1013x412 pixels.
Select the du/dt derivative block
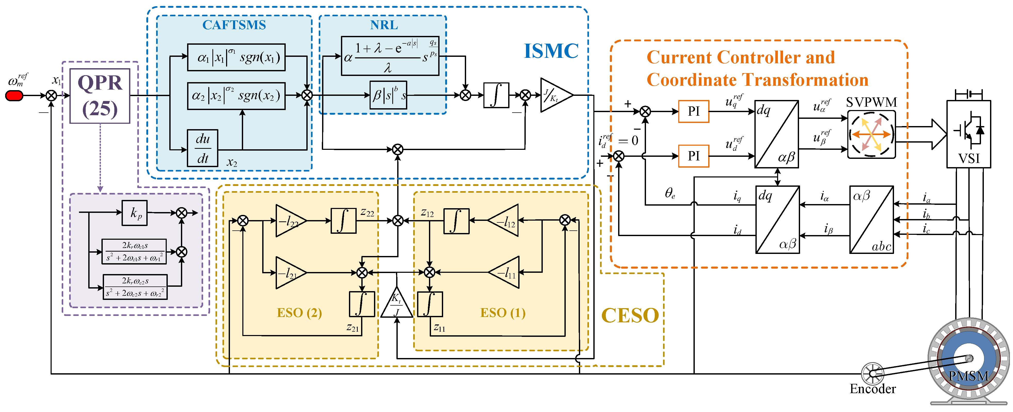(203, 148)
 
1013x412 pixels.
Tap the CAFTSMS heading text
(234, 25)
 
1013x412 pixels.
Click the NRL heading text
(384, 25)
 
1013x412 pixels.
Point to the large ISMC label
(551, 51)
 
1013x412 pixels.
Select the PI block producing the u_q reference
(694, 111)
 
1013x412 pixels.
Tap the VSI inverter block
(968, 134)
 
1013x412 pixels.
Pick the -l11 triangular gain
(505, 272)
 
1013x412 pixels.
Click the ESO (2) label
(299, 313)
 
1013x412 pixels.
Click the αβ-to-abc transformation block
(871, 220)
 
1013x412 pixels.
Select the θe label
(670, 193)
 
